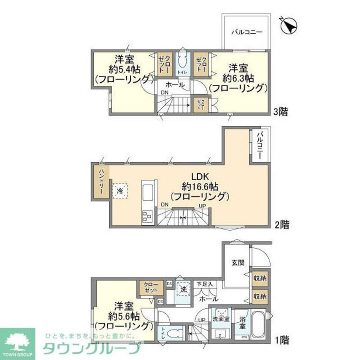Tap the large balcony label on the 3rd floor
pyautogui.click(x=246, y=32)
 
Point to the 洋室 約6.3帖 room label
pyautogui.click(x=238, y=77)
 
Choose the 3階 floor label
pyautogui.click(x=280, y=112)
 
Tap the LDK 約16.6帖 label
pyautogui.click(x=200, y=186)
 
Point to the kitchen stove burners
pyautogui.click(x=147, y=216)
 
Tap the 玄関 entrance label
pyautogui.click(x=238, y=262)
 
